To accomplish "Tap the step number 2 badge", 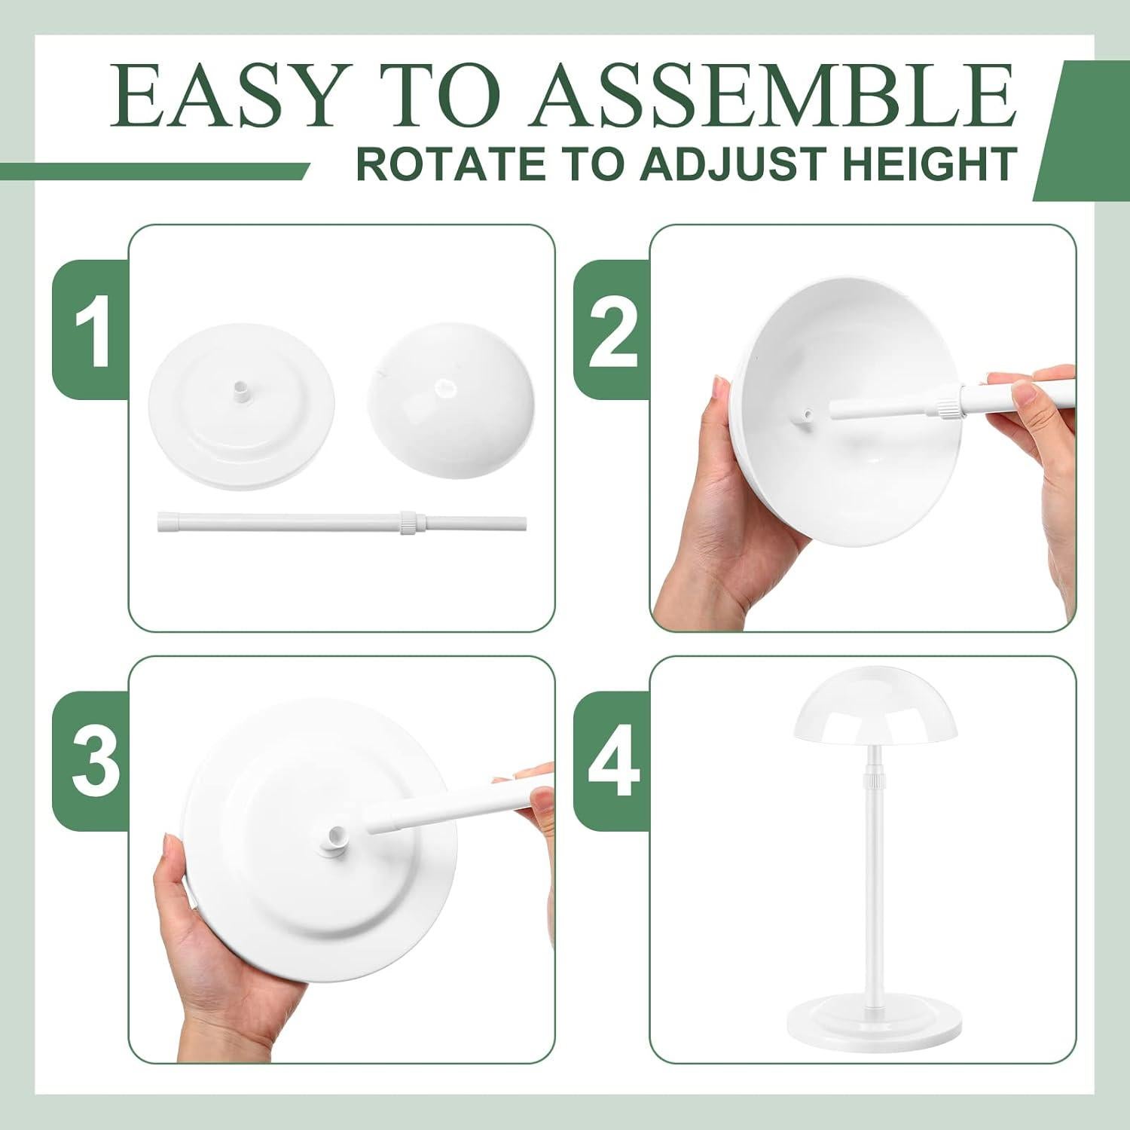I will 612,330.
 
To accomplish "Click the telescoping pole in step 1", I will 301,522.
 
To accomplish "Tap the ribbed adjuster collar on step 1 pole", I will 407,522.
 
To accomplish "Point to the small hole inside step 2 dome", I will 805,416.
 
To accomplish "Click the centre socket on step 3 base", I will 334,838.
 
